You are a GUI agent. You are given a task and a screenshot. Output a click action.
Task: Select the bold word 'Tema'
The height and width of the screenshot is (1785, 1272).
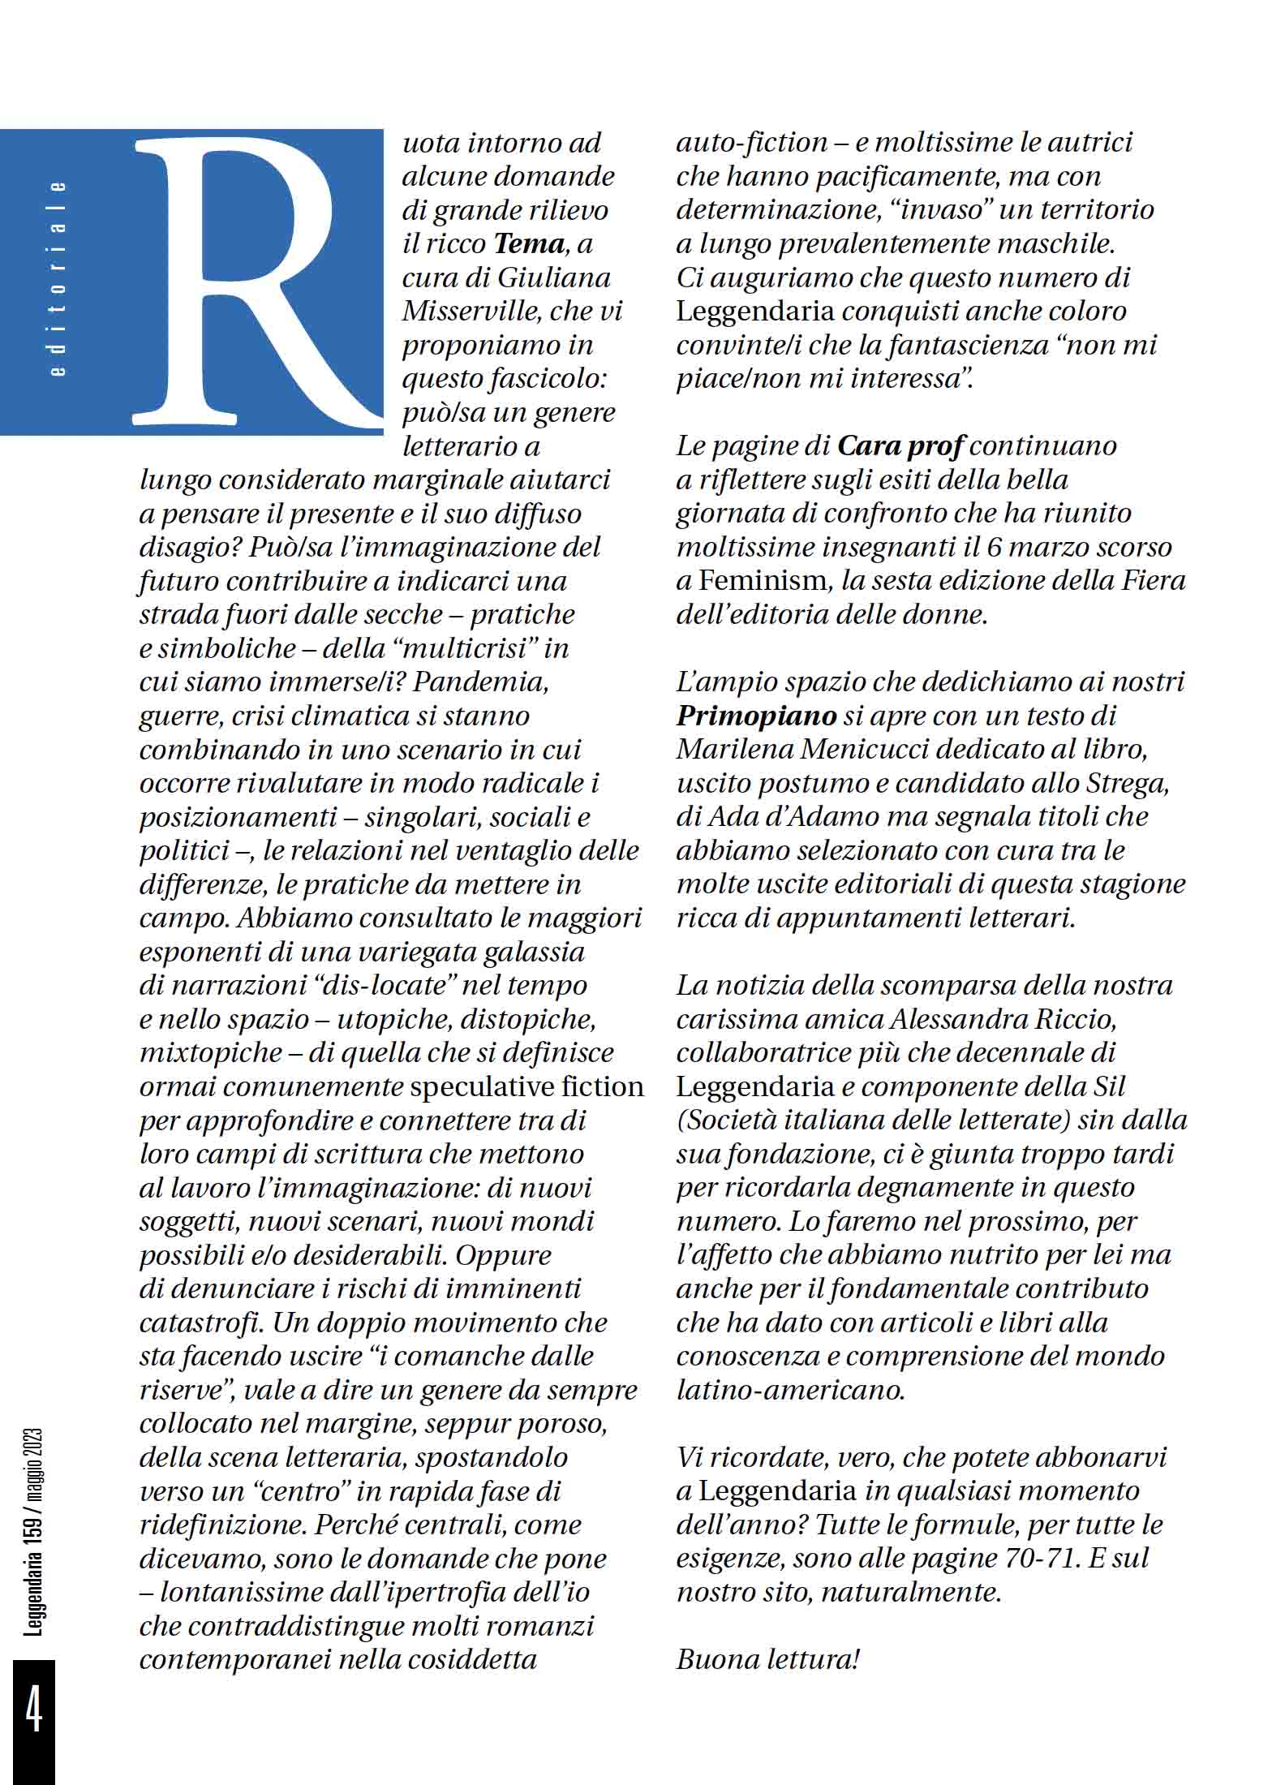tap(529, 244)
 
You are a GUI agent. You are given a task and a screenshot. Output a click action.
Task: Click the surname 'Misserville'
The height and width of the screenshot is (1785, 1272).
tap(470, 312)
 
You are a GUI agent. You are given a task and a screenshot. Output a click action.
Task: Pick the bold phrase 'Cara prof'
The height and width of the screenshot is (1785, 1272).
tap(900, 446)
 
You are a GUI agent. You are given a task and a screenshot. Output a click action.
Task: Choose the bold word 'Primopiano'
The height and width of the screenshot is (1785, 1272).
tap(756, 716)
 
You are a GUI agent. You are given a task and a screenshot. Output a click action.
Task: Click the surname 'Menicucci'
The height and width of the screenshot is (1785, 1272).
tap(863, 750)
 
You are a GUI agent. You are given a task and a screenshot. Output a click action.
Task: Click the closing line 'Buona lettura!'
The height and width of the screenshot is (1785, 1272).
tap(767, 1659)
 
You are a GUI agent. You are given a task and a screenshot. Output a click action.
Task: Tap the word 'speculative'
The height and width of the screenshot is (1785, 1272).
tap(484, 1087)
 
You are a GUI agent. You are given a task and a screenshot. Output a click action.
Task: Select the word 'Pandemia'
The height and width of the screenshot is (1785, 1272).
tap(481, 682)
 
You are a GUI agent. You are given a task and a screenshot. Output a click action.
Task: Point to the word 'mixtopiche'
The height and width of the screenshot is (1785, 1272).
tap(211, 1053)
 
